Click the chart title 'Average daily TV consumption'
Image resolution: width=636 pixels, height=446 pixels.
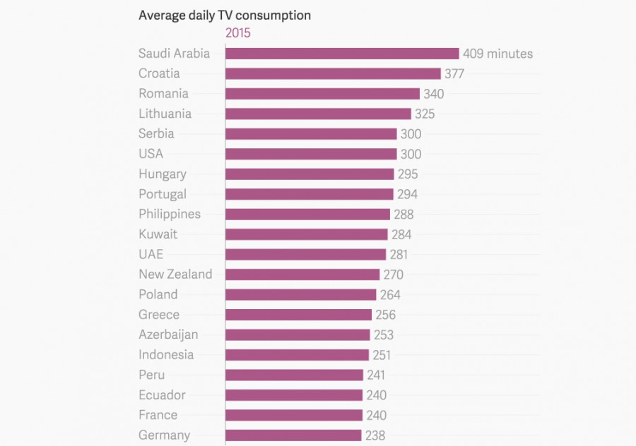[224, 15]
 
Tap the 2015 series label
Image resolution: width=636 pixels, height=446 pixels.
[238, 33]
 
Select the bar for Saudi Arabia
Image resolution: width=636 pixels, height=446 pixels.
[342, 54]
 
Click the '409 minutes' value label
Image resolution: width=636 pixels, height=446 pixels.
[497, 54]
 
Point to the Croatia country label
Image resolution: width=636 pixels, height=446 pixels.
[159, 73]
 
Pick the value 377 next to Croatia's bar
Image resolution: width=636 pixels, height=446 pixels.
[454, 74]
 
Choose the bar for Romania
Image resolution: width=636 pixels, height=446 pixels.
[323, 94]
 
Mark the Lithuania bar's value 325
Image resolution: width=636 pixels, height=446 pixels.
[425, 114]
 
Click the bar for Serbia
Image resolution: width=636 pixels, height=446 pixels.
[311, 134]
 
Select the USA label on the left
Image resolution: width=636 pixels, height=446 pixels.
[151, 154]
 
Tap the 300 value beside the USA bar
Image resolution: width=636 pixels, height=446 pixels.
[411, 154]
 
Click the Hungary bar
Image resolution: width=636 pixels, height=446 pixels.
[310, 174]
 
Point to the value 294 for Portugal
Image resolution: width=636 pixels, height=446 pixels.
[407, 194]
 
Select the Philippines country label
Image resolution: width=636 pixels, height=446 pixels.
[170, 214]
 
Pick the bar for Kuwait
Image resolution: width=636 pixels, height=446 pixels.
[307, 234]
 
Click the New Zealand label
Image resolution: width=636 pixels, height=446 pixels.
[175, 275]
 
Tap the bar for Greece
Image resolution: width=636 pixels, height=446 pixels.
[298, 315]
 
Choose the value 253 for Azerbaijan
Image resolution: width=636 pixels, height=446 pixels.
[384, 335]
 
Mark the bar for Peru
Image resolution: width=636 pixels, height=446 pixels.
[294, 375]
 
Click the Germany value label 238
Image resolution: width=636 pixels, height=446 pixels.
[375, 435]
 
